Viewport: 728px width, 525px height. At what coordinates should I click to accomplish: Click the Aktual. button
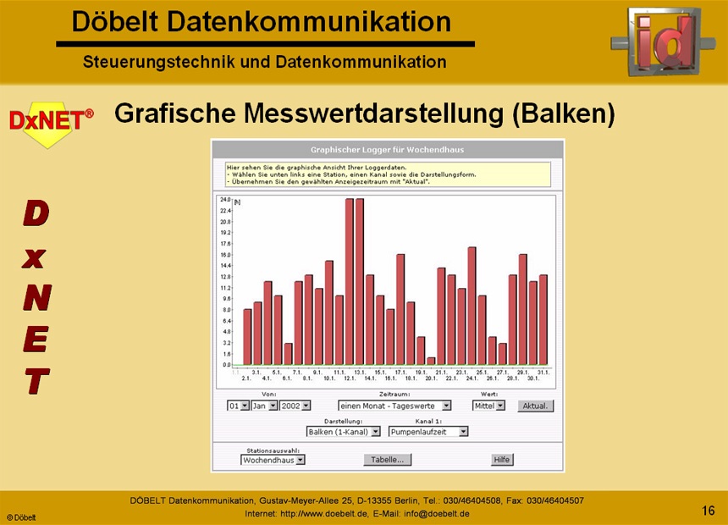point(535,406)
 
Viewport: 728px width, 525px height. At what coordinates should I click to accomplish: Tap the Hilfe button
point(502,460)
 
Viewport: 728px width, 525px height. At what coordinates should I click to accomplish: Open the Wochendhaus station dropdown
point(273,460)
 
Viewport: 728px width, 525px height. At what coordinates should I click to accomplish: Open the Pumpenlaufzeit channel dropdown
point(428,432)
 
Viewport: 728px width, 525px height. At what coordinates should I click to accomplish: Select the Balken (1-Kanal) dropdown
point(343,432)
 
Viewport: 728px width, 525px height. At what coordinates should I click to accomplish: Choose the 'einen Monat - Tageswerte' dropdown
point(394,406)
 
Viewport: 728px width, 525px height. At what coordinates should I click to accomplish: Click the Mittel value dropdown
point(488,406)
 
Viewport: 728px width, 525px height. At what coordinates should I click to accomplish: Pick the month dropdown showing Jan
point(264,406)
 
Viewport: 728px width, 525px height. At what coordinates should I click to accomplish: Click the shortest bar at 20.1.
point(431,361)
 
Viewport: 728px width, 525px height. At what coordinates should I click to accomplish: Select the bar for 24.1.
point(472,306)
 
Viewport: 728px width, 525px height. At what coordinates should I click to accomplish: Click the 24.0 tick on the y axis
point(225,199)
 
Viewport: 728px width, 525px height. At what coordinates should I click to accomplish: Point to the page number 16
point(709,510)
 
